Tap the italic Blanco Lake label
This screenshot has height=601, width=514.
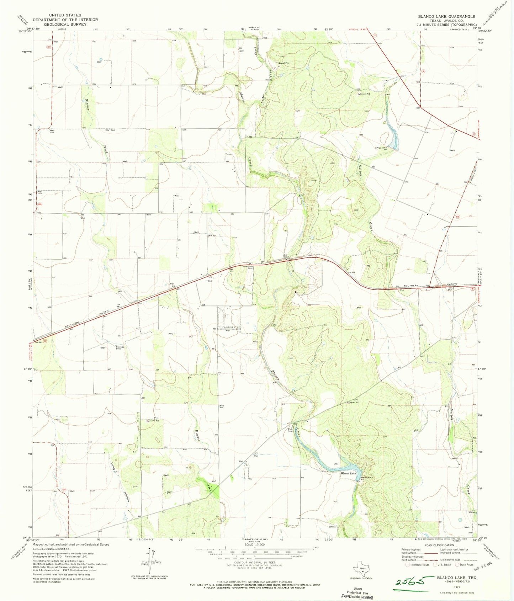coord(348,473)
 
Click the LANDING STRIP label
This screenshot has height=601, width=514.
coord(232,327)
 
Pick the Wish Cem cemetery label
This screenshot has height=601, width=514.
coord(290,430)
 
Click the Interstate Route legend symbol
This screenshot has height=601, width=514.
coord(408,565)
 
